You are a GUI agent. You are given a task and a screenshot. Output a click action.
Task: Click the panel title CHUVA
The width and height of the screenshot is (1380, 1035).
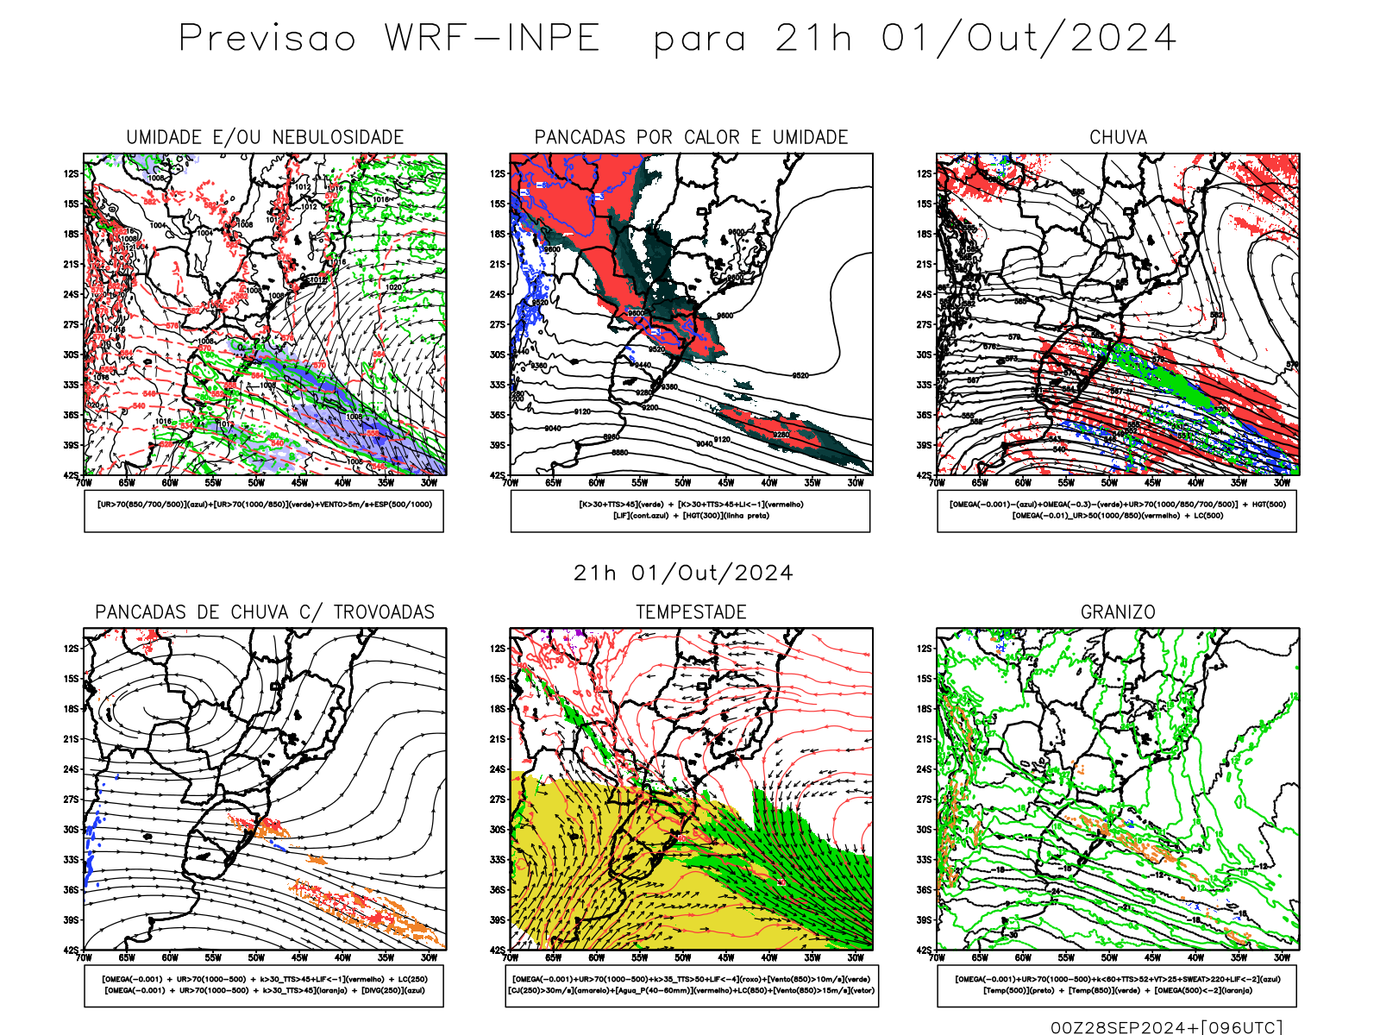[1118, 137]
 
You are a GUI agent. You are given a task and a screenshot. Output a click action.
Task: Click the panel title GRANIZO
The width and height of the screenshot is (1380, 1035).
[1118, 612]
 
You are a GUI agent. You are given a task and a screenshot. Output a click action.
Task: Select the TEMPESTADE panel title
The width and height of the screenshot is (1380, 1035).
[691, 612]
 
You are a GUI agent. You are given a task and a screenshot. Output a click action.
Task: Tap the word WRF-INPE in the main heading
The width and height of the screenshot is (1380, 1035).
[492, 39]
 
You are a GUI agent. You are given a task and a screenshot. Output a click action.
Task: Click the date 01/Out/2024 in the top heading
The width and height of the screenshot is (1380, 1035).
[1029, 39]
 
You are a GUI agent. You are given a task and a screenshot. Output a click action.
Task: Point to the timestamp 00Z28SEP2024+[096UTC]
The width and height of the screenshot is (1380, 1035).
[1166, 1027]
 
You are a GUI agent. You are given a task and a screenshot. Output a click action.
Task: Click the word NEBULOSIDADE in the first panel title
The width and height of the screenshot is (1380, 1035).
[338, 137]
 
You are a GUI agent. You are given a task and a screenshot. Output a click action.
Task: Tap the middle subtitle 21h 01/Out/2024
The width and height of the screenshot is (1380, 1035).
[683, 574]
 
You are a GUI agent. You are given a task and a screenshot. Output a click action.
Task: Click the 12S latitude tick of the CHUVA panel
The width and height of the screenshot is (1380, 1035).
[925, 174]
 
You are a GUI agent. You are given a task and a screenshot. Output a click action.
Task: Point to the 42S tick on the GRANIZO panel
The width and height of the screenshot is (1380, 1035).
[925, 950]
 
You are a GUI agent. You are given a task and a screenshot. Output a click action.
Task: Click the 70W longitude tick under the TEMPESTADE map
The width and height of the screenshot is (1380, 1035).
[511, 957]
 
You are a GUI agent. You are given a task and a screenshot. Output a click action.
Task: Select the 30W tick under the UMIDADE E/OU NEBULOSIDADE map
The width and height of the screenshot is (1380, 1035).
[429, 483]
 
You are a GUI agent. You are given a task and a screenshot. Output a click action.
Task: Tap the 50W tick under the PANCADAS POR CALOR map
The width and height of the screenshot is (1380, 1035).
[683, 483]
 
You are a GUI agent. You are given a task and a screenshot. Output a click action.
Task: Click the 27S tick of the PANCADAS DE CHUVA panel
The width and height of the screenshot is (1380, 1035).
[71, 800]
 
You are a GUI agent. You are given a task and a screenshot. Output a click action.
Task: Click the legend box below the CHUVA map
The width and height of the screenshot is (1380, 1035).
[1117, 511]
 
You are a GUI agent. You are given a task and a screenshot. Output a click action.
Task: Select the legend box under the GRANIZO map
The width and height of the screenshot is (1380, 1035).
[1117, 985]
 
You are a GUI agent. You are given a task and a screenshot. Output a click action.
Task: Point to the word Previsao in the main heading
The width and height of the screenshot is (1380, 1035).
[267, 39]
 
